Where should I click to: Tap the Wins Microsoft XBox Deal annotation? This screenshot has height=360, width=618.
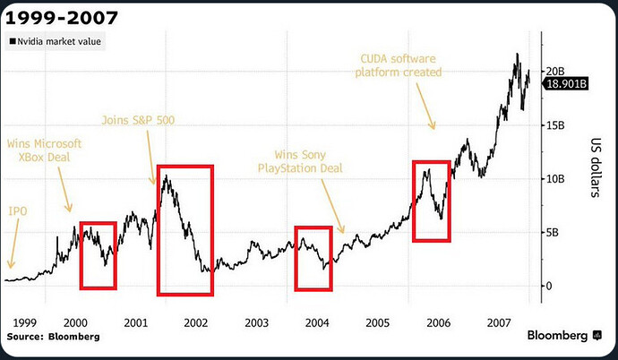(44, 150)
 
